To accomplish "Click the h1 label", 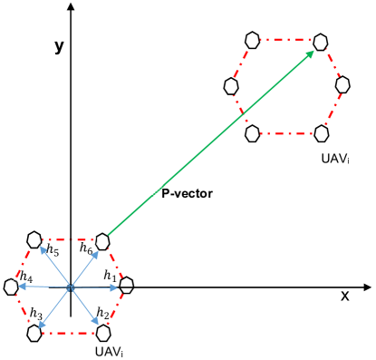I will [x=110, y=275].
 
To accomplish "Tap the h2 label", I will [x=102, y=315].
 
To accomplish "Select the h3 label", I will [x=35, y=315].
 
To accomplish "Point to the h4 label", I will [x=25, y=277].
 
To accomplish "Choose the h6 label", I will [x=86, y=248].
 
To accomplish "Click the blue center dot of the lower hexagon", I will [x=70, y=288].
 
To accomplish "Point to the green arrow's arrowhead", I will [x=312, y=54].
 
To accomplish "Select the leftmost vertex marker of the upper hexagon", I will [x=232, y=86].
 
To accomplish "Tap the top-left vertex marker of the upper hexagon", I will [x=253, y=42].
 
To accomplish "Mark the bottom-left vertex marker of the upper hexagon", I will [x=253, y=133].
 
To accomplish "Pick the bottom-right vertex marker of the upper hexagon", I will [x=321, y=133].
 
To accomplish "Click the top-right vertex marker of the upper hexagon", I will [x=321, y=42].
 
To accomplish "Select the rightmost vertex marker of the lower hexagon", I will [x=126, y=287].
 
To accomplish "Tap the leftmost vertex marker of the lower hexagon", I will [x=11, y=287].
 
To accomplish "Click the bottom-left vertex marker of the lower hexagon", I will [x=34, y=333].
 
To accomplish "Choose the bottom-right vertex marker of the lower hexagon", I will [x=102, y=332].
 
